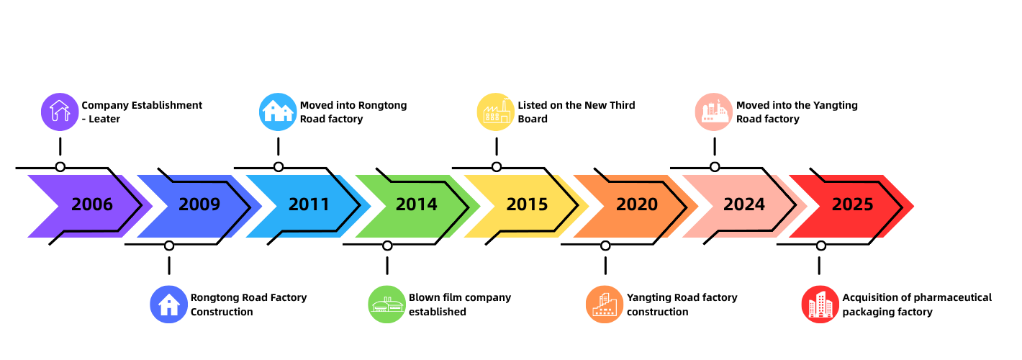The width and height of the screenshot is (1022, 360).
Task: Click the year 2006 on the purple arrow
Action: [92, 204]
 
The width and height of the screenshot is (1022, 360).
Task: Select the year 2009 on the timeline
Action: [199, 204]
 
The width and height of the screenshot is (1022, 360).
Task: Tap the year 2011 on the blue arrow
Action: [309, 204]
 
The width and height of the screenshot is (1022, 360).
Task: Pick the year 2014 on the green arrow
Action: [417, 204]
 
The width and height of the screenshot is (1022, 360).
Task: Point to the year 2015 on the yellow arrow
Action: [527, 204]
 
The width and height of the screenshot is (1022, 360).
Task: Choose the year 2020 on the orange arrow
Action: [637, 204]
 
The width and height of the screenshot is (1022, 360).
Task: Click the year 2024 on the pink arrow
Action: [744, 204]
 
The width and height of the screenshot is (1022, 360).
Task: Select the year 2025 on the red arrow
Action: [853, 204]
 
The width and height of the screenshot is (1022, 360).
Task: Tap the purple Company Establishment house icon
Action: [60, 112]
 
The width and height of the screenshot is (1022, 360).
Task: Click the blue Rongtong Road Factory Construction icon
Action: [168, 304]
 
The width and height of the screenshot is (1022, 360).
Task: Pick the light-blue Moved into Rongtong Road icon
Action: [278, 112]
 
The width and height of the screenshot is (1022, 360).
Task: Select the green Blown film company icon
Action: [387, 304]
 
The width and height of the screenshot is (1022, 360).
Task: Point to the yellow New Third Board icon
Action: [496, 112]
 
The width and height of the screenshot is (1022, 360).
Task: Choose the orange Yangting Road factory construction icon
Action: [605, 304]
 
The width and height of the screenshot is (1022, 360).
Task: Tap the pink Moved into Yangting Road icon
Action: [714, 112]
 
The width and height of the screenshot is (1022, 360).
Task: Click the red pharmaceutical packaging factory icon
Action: [820, 304]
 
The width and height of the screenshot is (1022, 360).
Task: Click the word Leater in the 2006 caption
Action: [104, 119]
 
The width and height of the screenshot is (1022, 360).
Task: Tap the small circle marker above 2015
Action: [497, 167]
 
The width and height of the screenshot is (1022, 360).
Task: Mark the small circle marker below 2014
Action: [387, 246]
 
